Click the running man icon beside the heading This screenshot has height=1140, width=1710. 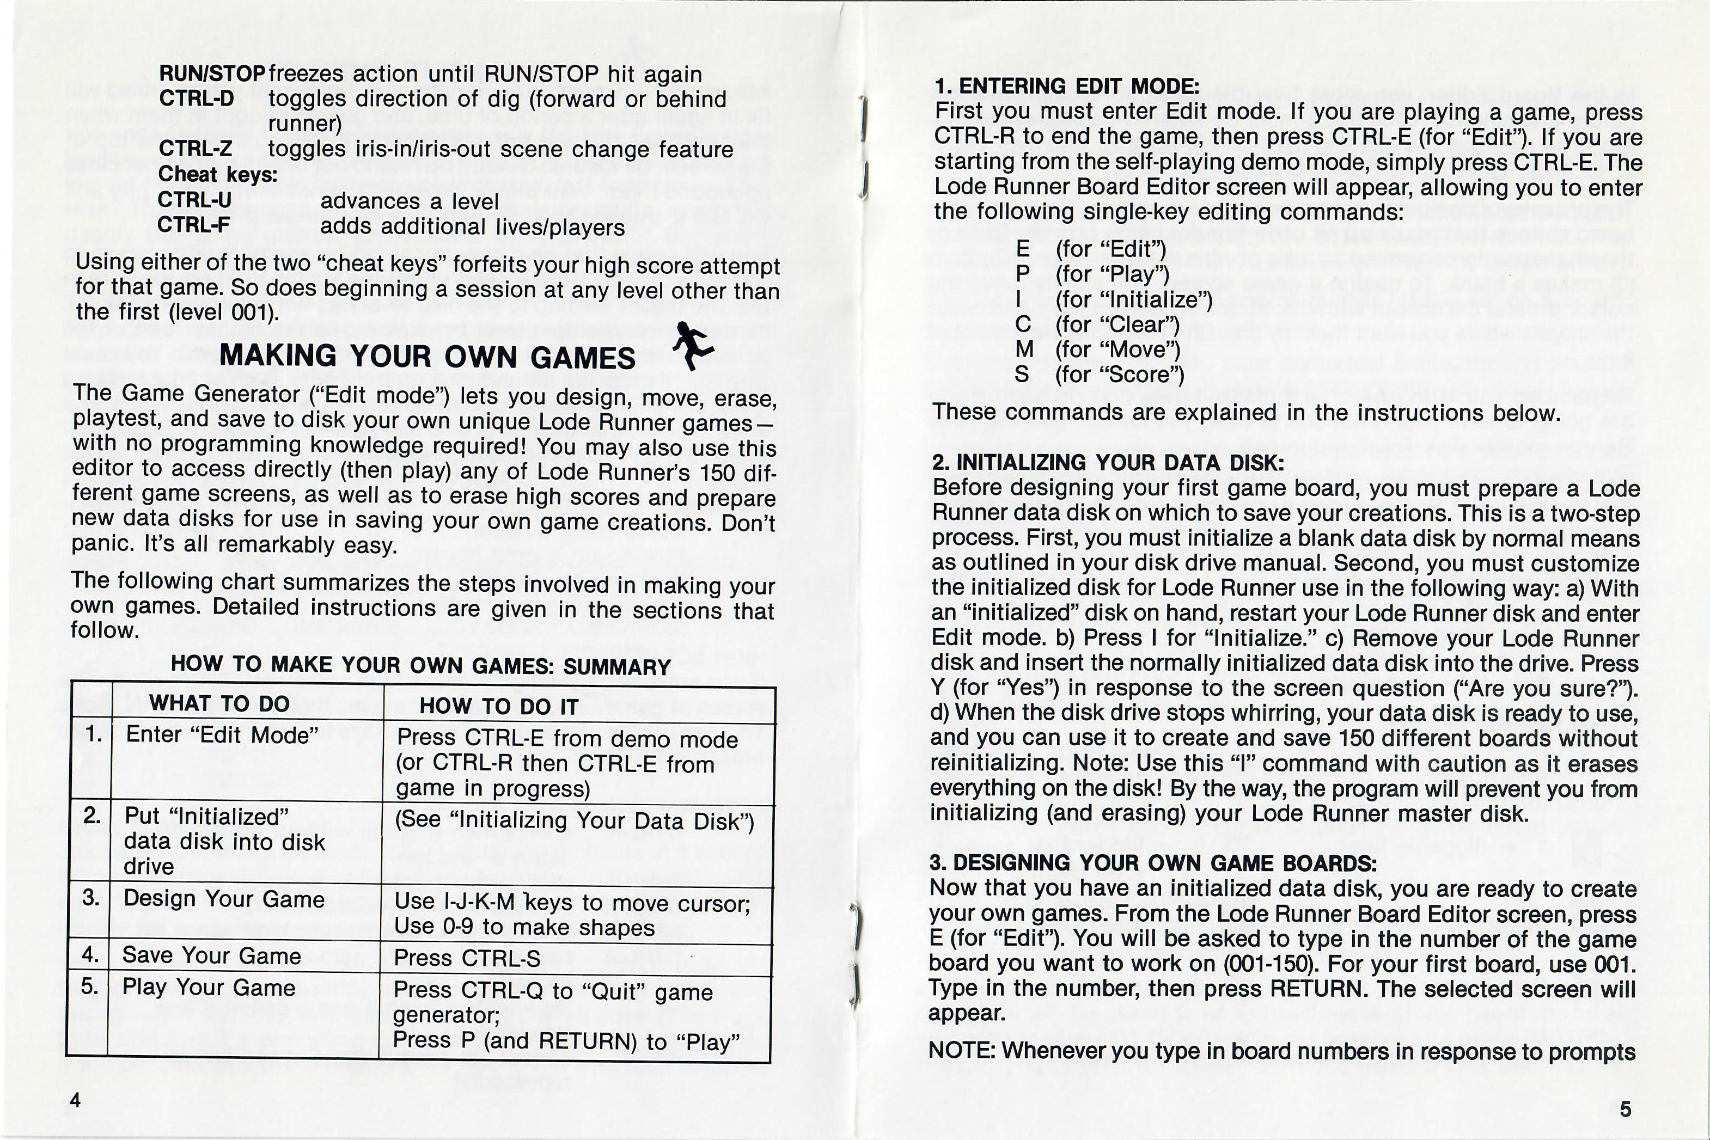[x=692, y=347]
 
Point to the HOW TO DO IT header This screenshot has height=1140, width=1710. [x=499, y=707]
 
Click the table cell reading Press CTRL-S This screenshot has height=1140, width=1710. [x=467, y=958]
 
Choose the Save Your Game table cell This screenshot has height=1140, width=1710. [x=211, y=955]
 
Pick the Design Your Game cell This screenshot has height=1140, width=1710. [x=223, y=899]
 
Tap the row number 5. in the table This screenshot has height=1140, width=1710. [x=89, y=986]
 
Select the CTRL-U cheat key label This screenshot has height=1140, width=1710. [x=194, y=200]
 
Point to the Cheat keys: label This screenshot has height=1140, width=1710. [x=217, y=175]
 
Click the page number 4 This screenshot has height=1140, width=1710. [x=75, y=1099]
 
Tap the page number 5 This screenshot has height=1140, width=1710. [x=1626, y=1109]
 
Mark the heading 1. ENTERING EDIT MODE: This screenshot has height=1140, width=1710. [x=1066, y=87]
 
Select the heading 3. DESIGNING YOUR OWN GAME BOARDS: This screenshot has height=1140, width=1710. [x=1152, y=863]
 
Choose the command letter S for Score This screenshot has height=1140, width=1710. [x=1022, y=375]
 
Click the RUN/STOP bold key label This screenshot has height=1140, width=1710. [x=211, y=74]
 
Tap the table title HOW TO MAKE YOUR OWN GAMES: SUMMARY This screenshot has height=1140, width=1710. [x=420, y=665]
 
